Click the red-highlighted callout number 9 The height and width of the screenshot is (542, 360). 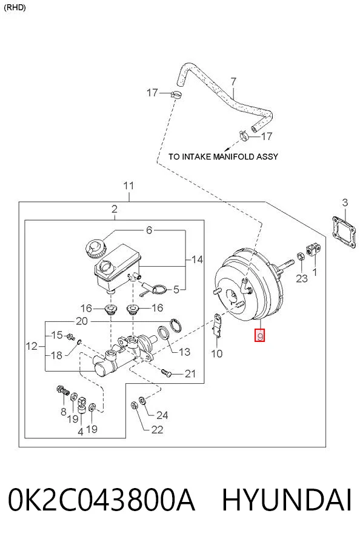coord(259,335)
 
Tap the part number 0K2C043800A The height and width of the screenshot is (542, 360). coord(101,500)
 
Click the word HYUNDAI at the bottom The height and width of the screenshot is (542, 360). coord(287,500)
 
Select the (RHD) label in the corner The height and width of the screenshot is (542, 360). coord(15,7)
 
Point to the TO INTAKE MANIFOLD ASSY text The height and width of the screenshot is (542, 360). coord(223,156)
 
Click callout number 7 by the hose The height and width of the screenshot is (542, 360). coord(233,82)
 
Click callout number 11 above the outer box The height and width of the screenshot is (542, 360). coord(128,186)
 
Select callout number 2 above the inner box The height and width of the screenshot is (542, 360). coord(115,209)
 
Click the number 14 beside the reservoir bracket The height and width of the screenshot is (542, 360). coord(198,259)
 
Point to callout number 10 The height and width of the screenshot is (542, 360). coord(216,353)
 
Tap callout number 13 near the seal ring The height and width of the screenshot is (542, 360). coord(185,352)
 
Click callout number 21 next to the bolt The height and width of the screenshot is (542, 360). coord(190,373)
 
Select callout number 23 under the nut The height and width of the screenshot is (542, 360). coord(302,278)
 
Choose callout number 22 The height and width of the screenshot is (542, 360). coord(157,430)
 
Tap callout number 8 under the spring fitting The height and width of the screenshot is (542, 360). coord(63,412)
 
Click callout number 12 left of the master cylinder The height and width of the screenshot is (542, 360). coord(32,346)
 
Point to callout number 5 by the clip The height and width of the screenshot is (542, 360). coord(176,289)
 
